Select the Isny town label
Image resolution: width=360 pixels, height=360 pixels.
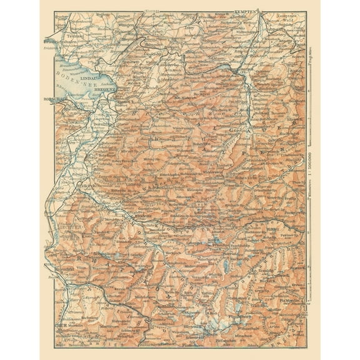click(187, 28)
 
